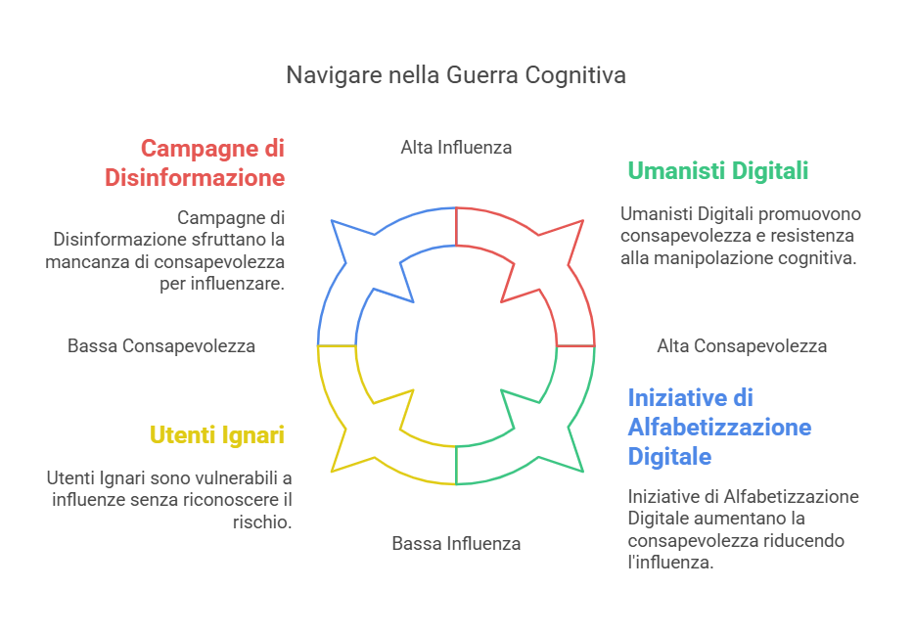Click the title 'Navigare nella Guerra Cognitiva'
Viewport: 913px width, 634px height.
[x=456, y=75]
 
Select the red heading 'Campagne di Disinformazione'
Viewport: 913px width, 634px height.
[x=211, y=163]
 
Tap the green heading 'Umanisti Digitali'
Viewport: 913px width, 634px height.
[x=717, y=171]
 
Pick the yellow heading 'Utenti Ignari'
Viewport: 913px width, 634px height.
[x=217, y=434]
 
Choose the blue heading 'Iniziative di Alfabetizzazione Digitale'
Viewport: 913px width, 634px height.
[x=719, y=427]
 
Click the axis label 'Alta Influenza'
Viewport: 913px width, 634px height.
[x=456, y=148]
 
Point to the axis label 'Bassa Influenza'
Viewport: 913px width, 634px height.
[x=456, y=543]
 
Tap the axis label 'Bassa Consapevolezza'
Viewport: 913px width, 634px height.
[x=161, y=346]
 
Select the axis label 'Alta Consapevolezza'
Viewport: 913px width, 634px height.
[x=742, y=346]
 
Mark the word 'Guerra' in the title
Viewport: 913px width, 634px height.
[x=481, y=75]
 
